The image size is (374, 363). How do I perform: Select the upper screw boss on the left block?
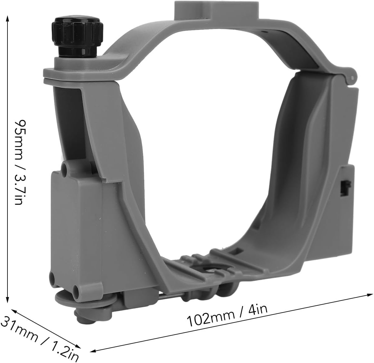(x=65, y=168)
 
